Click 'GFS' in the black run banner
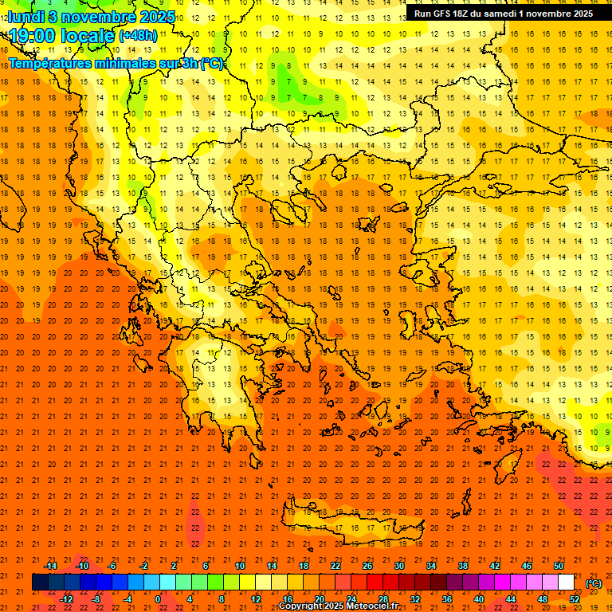point(440,14)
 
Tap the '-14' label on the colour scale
point(50,566)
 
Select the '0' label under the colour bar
point(158,598)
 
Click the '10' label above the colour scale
point(240,566)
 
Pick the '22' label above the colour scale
point(335,566)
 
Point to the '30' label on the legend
point(399,566)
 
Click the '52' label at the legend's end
point(575,598)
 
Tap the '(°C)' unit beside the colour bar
point(594,583)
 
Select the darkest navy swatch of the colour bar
point(40,583)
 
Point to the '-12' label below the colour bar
point(66,598)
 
